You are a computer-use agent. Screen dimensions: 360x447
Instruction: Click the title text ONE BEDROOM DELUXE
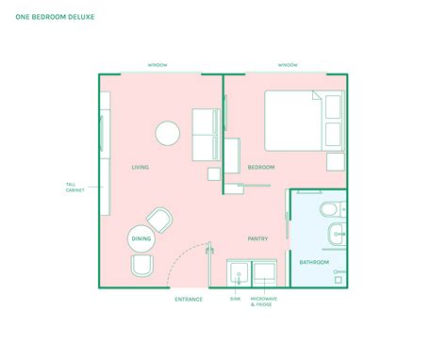pyautogui.click(x=54, y=17)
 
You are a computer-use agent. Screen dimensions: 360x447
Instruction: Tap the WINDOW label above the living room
pyautogui.click(x=157, y=65)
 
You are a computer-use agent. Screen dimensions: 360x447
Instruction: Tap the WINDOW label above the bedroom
pyautogui.click(x=288, y=65)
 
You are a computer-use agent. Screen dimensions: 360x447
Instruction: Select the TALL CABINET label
pyautogui.click(x=74, y=187)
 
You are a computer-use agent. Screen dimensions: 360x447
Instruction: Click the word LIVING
pyautogui.click(x=141, y=167)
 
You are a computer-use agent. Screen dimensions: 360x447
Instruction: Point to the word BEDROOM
pyautogui.click(x=261, y=167)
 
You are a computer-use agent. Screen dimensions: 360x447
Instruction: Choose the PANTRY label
pyautogui.click(x=258, y=238)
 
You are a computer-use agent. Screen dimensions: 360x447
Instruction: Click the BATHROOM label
pyautogui.click(x=314, y=261)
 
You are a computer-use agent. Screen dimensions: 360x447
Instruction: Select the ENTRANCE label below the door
pyautogui.click(x=189, y=300)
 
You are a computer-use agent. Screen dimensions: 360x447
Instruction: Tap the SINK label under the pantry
pyautogui.click(x=236, y=298)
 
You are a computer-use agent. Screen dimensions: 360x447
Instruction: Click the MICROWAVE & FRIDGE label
pyautogui.click(x=264, y=301)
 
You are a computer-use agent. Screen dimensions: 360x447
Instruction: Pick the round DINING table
pyautogui.click(x=141, y=239)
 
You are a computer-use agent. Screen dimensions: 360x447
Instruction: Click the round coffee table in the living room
pyautogui.click(x=169, y=132)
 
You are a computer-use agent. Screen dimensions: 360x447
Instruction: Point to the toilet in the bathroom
pyautogui.click(x=331, y=208)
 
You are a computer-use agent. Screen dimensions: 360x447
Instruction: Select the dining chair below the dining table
pyautogui.click(x=142, y=268)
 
